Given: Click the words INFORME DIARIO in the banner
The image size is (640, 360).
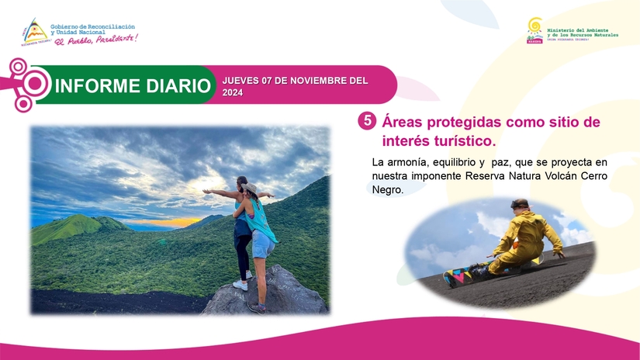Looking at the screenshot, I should tap(133, 85).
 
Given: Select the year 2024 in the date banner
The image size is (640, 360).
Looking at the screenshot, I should tap(233, 92).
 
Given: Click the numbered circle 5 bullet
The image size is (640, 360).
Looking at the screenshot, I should tap(366, 122).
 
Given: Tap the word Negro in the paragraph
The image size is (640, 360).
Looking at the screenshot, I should tap(388, 189).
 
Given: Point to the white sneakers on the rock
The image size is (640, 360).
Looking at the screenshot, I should tap(241, 284).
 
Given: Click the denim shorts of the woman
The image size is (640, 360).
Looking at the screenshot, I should tap(262, 243).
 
